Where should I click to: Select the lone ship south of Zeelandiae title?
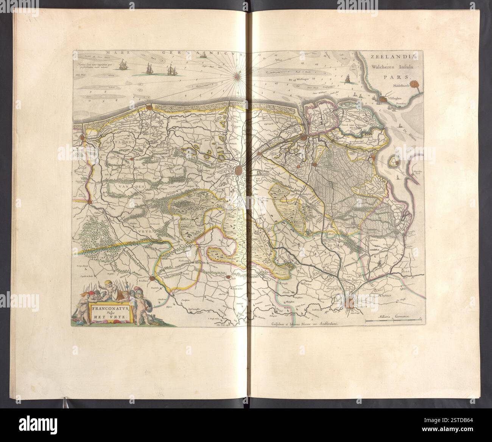[347, 79]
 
